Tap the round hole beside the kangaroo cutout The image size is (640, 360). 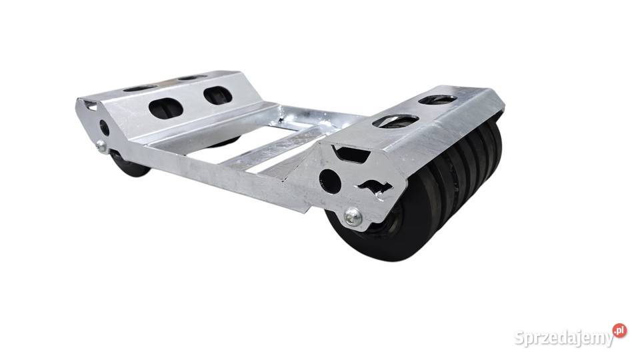(x=330, y=181)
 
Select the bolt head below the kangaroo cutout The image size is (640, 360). (x=353, y=217)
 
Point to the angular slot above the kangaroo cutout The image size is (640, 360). (x=351, y=154)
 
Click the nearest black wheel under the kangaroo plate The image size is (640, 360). (x=379, y=229)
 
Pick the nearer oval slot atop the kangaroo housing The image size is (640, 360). (x=395, y=121)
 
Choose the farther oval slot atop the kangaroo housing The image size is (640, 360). (x=437, y=99)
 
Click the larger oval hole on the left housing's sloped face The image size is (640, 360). (x=166, y=108)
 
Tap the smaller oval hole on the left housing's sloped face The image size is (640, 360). (x=218, y=95)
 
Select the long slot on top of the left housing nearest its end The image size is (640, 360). (x=140, y=88)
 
